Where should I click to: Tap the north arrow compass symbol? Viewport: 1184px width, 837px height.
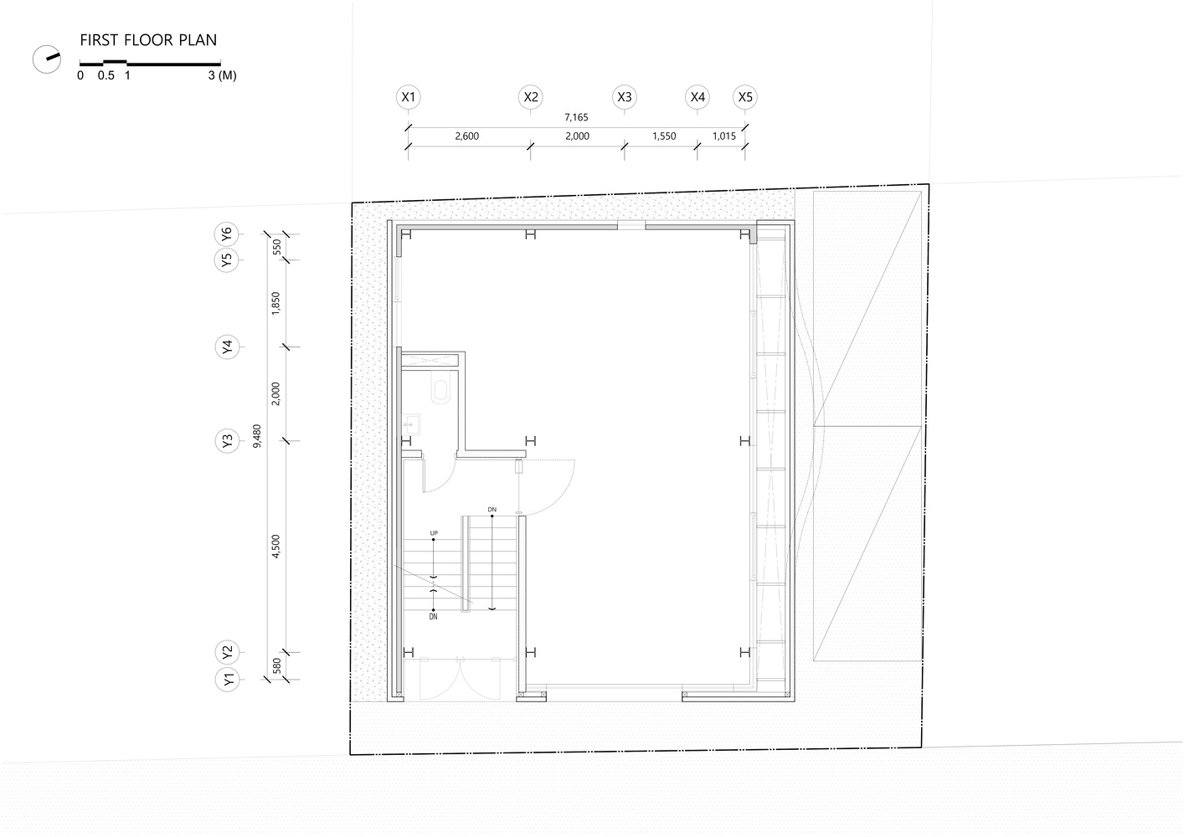tap(45, 59)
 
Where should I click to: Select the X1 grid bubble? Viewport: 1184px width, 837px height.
tap(409, 97)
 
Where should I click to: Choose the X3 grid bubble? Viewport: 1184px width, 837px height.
tap(624, 97)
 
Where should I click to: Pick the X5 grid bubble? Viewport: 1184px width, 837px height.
tap(745, 97)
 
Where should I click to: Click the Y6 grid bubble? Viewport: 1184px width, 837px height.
tap(227, 234)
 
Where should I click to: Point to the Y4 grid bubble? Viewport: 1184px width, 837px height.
tap(227, 347)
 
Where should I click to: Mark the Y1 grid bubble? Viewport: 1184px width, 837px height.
tap(227, 680)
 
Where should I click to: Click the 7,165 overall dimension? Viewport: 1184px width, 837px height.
tap(576, 118)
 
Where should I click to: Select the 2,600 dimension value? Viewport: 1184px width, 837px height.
tap(467, 136)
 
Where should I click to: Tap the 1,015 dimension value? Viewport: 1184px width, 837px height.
tap(723, 136)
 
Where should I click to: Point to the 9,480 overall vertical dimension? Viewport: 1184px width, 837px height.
tap(257, 437)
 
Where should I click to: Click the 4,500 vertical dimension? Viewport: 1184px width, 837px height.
tap(276, 546)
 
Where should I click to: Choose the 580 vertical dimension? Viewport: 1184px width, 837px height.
tap(276, 666)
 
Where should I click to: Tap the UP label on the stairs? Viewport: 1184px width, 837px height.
tap(434, 532)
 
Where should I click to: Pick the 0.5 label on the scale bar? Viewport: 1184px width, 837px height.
tap(106, 75)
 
